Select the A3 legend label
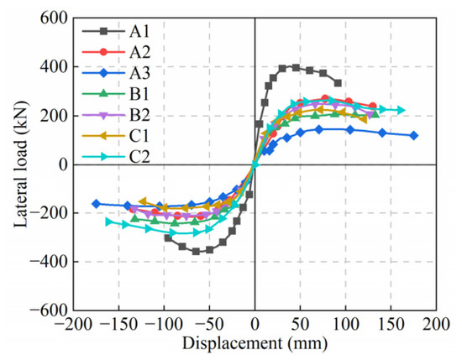(140, 73)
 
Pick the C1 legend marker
(103, 136)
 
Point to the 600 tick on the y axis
(55, 18)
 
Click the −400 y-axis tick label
(49, 262)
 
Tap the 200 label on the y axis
(55, 116)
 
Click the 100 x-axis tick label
(345, 324)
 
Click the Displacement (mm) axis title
(255, 343)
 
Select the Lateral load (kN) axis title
(21, 164)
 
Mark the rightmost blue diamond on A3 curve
(413, 136)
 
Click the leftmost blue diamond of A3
(96, 203)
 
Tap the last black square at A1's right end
(338, 83)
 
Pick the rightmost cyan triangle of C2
(402, 110)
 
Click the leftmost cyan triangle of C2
(109, 222)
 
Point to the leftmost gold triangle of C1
(143, 201)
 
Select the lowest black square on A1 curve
(196, 252)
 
